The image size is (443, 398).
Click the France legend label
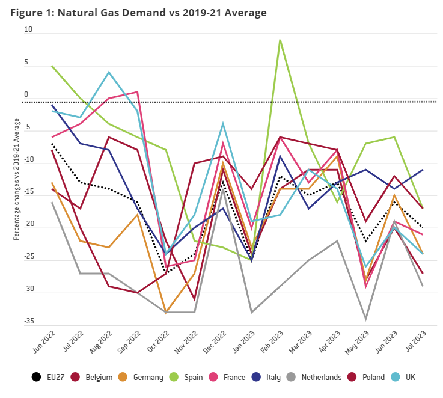[234, 378]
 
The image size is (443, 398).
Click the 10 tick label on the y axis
[28, 29]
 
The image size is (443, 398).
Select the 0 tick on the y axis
[26, 94]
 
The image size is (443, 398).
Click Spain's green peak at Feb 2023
[280, 40]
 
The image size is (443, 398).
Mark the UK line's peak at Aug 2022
[109, 72]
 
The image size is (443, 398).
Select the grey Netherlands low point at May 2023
[365, 319]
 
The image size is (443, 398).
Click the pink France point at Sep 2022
[138, 92]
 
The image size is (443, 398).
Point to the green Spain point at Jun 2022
[52, 66]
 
